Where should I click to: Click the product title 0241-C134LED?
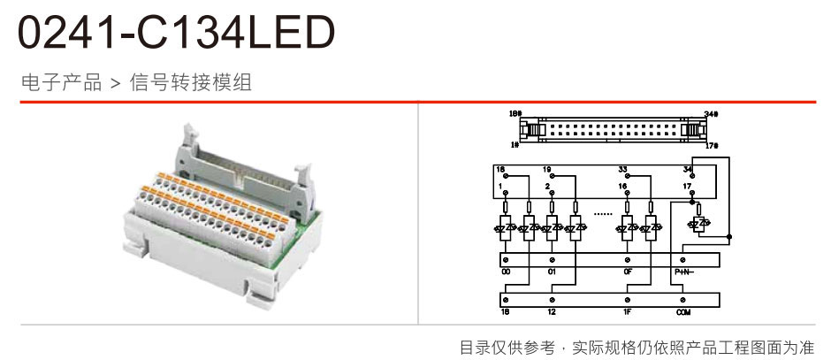point(177,33)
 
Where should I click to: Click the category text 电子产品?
point(61,83)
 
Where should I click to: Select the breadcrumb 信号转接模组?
point(191,83)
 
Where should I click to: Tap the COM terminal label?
point(683,312)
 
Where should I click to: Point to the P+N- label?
point(684,272)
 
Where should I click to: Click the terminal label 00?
point(506,272)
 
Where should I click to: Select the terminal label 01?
point(552,272)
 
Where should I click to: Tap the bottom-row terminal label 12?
point(552,312)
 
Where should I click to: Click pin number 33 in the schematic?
point(623,168)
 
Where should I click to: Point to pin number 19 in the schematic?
point(547,168)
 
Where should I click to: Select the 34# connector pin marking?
point(711,114)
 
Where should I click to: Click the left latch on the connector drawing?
point(529,128)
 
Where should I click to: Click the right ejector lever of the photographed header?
point(305,170)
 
